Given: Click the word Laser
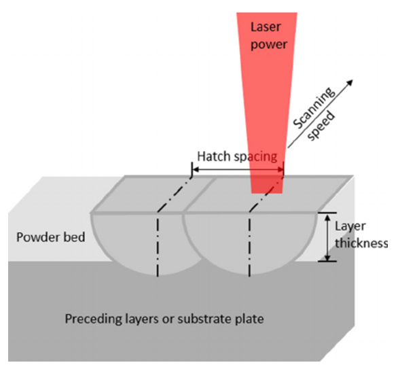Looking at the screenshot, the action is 266,27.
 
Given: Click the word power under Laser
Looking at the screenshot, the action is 269,45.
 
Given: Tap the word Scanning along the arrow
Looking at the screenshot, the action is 314,108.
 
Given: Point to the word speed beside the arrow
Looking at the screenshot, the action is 321,126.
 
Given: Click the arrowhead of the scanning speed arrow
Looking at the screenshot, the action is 350,82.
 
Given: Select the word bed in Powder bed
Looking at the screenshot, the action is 74,237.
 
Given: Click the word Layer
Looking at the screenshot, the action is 350,227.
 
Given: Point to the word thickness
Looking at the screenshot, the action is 361,243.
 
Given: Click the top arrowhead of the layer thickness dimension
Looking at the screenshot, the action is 327,217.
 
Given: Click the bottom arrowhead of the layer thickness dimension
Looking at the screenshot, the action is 327,258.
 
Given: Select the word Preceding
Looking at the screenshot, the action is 93,319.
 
